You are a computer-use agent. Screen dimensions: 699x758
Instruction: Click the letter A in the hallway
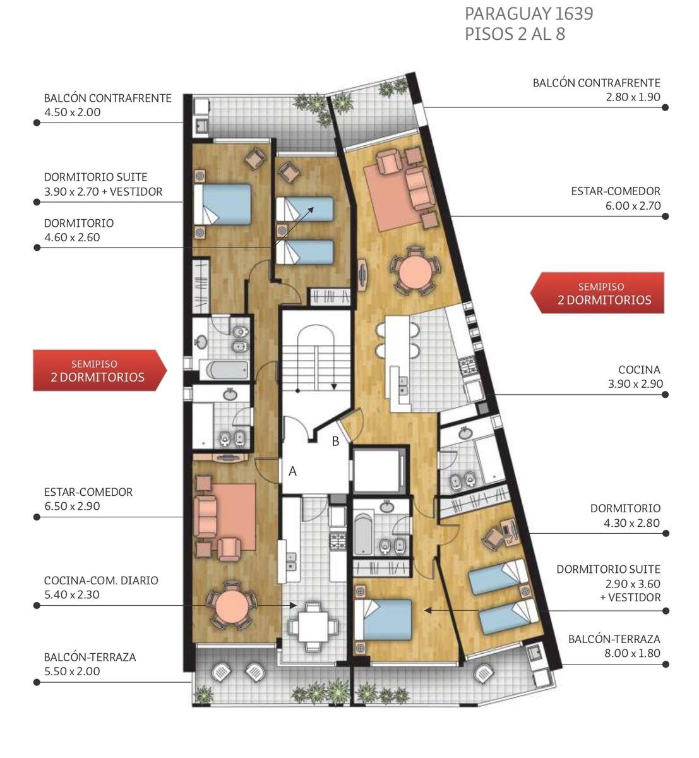(x=292, y=471)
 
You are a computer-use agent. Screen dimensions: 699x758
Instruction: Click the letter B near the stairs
(x=335, y=441)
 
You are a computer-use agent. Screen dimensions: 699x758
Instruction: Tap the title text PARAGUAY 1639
(x=529, y=14)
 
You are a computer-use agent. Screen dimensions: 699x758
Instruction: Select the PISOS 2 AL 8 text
(x=515, y=34)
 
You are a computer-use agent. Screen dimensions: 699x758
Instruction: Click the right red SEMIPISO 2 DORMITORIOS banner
(x=597, y=293)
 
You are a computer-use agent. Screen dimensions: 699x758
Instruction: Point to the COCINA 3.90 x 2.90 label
(x=635, y=376)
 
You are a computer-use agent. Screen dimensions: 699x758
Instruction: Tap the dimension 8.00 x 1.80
(x=632, y=653)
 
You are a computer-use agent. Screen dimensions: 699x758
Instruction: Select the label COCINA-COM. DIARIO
(x=101, y=581)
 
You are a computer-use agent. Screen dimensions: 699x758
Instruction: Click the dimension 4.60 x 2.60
(x=72, y=238)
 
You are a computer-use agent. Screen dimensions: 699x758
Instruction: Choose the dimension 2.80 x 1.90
(x=633, y=97)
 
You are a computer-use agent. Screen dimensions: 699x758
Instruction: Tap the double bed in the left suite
(x=222, y=205)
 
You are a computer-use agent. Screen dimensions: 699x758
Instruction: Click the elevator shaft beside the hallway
(x=378, y=471)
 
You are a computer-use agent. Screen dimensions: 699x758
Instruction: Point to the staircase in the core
(x=316, y=359)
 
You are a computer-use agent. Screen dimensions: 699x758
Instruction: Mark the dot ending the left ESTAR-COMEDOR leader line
(x=37, y=517)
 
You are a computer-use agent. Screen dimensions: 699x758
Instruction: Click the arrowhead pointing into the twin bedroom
(x=311, y=210)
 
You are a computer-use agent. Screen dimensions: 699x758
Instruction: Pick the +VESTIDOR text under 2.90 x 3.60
(x=630, y=598)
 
